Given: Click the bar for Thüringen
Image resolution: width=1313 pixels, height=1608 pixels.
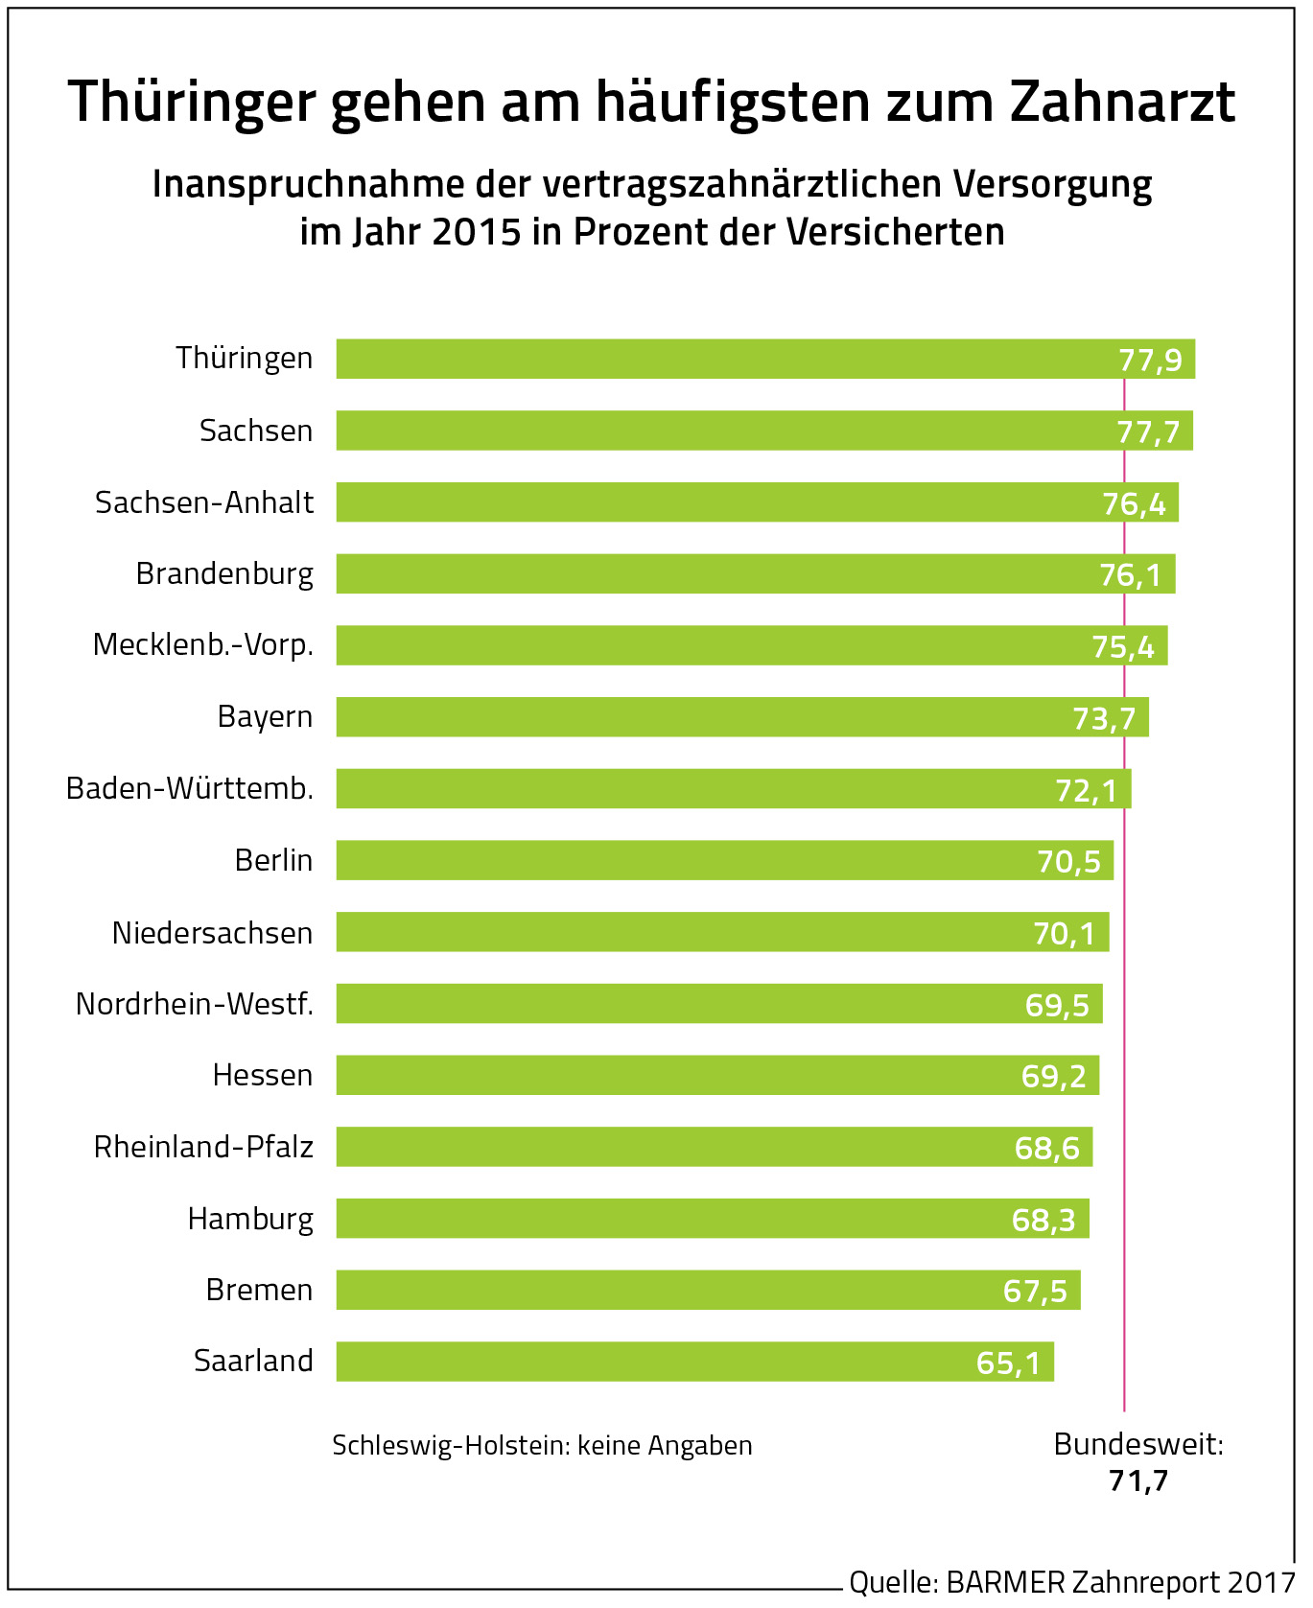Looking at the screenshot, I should coord(729,359).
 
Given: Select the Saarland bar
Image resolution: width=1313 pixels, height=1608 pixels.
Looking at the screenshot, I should coord(671,1362).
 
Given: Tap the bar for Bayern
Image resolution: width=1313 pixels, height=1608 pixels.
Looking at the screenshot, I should coord(710,717).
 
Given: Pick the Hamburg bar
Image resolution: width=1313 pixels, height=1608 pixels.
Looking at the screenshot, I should coord(691,1219).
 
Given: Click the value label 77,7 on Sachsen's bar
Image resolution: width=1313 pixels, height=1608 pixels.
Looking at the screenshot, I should coord(1148,432).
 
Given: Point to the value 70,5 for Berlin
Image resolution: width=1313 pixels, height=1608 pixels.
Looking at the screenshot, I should coord(1068,861).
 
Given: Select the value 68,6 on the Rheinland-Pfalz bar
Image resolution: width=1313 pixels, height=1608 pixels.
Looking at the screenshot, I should coord(1046,1148).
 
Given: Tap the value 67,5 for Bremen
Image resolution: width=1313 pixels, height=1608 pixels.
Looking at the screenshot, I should coord(1035,1291).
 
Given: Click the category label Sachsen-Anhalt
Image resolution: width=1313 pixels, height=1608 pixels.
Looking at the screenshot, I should coord(204,502).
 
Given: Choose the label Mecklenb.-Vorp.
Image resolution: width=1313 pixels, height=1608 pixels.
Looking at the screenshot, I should coord(203,645).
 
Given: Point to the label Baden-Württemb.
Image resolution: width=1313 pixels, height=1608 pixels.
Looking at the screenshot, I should coord(190,788).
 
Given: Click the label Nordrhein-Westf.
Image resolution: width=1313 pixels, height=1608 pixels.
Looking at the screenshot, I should coord(195,1004).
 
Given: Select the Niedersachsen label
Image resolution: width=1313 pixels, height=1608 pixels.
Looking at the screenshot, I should coord(212,933).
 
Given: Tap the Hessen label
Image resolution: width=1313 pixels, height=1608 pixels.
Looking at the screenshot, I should coord(263,1076).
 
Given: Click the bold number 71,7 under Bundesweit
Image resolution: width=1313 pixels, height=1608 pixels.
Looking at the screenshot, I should coord(1138,1481).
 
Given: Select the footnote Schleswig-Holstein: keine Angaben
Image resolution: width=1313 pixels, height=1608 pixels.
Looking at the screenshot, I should coord(542,1446).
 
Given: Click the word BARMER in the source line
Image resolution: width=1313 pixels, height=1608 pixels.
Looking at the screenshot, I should coord(1005,1582).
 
